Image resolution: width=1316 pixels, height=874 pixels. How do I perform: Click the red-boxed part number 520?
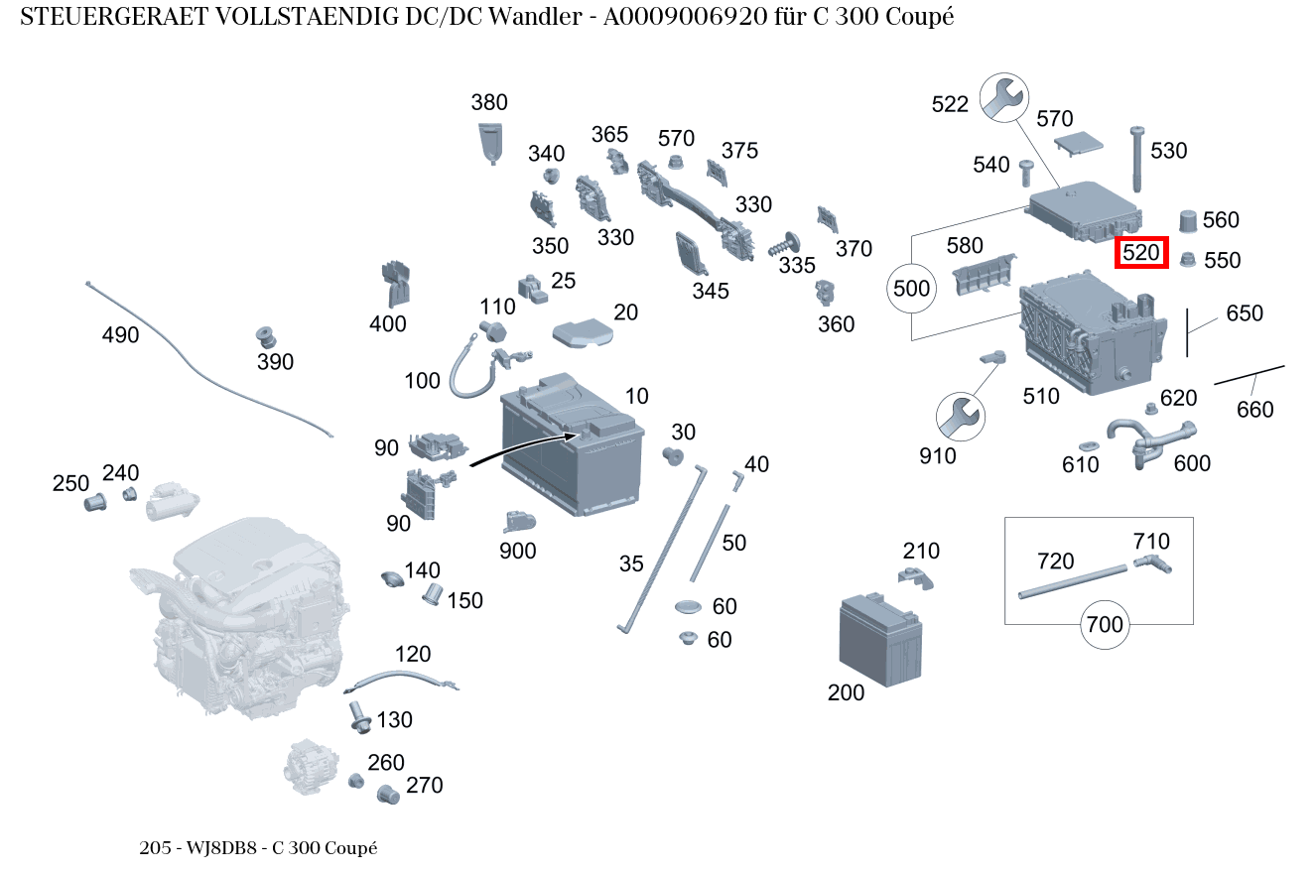click(x=1141, y=253)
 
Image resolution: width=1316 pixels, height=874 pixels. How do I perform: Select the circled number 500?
click(x=912, y=289)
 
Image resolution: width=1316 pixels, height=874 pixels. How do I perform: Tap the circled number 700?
click(x=1105, y=624)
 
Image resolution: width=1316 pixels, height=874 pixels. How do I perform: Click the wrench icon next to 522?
click(x=1003, y=97)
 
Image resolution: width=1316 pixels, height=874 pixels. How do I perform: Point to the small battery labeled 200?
click(x=880, y=640)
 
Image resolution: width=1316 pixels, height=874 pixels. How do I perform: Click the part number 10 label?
click(x=636, y=397)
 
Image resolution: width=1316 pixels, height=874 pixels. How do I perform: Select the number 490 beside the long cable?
click(x=120, y=335)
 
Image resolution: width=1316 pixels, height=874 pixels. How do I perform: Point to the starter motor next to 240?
click(x=173, y=505)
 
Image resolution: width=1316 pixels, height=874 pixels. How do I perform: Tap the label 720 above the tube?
click(x=1056, y=561)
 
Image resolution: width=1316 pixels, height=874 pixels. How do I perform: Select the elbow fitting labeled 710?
click(x=1153, y=565)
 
